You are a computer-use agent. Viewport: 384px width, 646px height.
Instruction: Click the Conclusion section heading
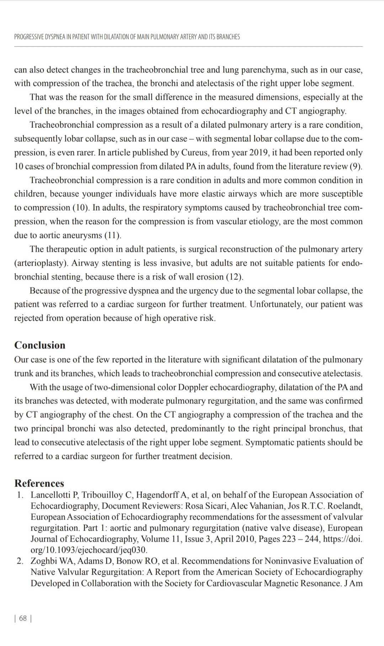click(x=40, y=345)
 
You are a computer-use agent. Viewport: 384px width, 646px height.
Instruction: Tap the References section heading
click(x=39, y=483)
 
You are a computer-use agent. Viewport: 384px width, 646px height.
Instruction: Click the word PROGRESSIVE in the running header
click(x=29, y=37)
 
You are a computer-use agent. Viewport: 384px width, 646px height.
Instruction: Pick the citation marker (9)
click(x=356, y=167)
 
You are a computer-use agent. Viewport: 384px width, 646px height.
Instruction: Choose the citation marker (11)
click(x=113, y=235)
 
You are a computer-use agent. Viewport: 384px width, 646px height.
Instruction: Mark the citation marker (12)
click(x=235, y=277)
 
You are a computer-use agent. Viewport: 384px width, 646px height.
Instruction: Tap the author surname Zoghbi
click(x=44, y=561)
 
